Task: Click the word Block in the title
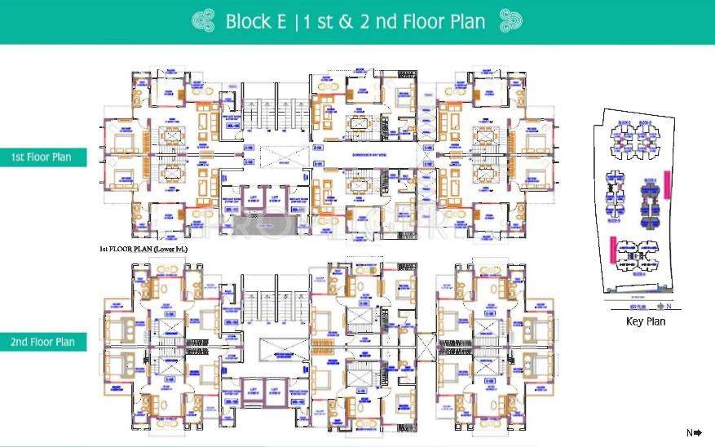point(249,22)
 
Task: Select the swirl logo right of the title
point(511,21)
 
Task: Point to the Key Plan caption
point(646,321)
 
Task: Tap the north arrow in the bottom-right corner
point(694,433)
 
